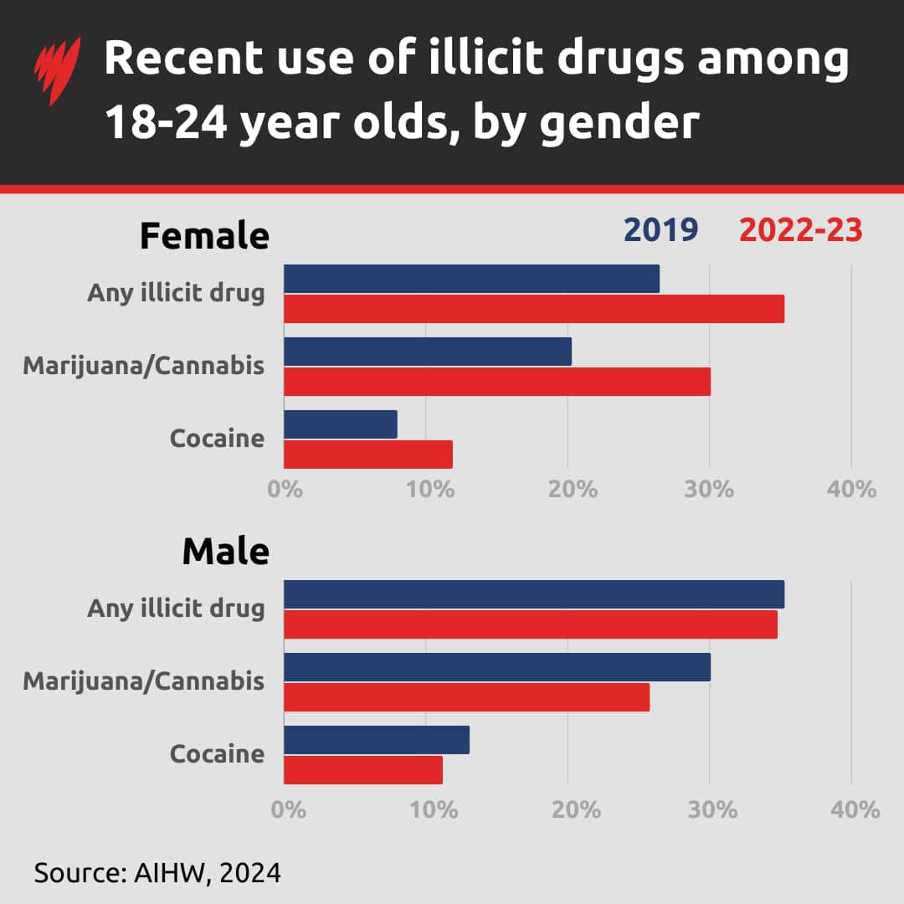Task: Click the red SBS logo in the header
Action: (57, 71)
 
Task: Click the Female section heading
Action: (204, 236)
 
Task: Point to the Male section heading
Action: (225, 552)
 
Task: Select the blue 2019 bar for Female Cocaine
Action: (341, 424)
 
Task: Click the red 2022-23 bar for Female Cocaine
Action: (368, 455)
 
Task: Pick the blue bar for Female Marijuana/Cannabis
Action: (428, 352)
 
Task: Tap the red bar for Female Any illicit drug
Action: (534, 309)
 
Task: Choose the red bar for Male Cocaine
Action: (363, 770)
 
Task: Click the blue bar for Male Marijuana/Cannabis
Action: (497, 667)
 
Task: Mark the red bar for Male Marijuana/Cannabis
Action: (466, 697)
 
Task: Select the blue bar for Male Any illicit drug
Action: (534, 594)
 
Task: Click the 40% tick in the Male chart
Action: (853, 809)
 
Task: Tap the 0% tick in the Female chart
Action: (285, 489)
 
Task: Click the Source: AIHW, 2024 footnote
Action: (157, 873)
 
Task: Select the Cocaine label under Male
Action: (217, 753)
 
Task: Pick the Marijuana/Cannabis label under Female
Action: (144, 366)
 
